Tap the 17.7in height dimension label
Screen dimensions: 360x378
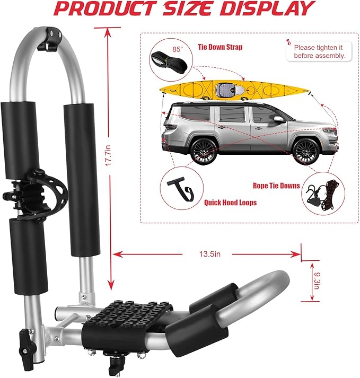click(x=108, y=155)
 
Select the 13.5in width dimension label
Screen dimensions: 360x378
click(x=210, y=254)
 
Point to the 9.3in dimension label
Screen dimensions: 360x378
click(x=317, y=281)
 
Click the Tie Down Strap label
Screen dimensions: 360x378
click(x=220, y=47)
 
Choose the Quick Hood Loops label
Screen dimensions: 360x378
click(x=230, y=203)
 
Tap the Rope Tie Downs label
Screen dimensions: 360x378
click(x=276, y=186)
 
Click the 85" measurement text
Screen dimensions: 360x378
click(x=178, y=49)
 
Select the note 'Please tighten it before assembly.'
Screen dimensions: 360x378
click(x=319, y=51)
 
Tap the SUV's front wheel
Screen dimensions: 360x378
click(x=306, y=152)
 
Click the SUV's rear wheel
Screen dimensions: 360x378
click(x=204, y=151)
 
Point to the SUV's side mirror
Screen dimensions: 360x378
click(x=278, y=119)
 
